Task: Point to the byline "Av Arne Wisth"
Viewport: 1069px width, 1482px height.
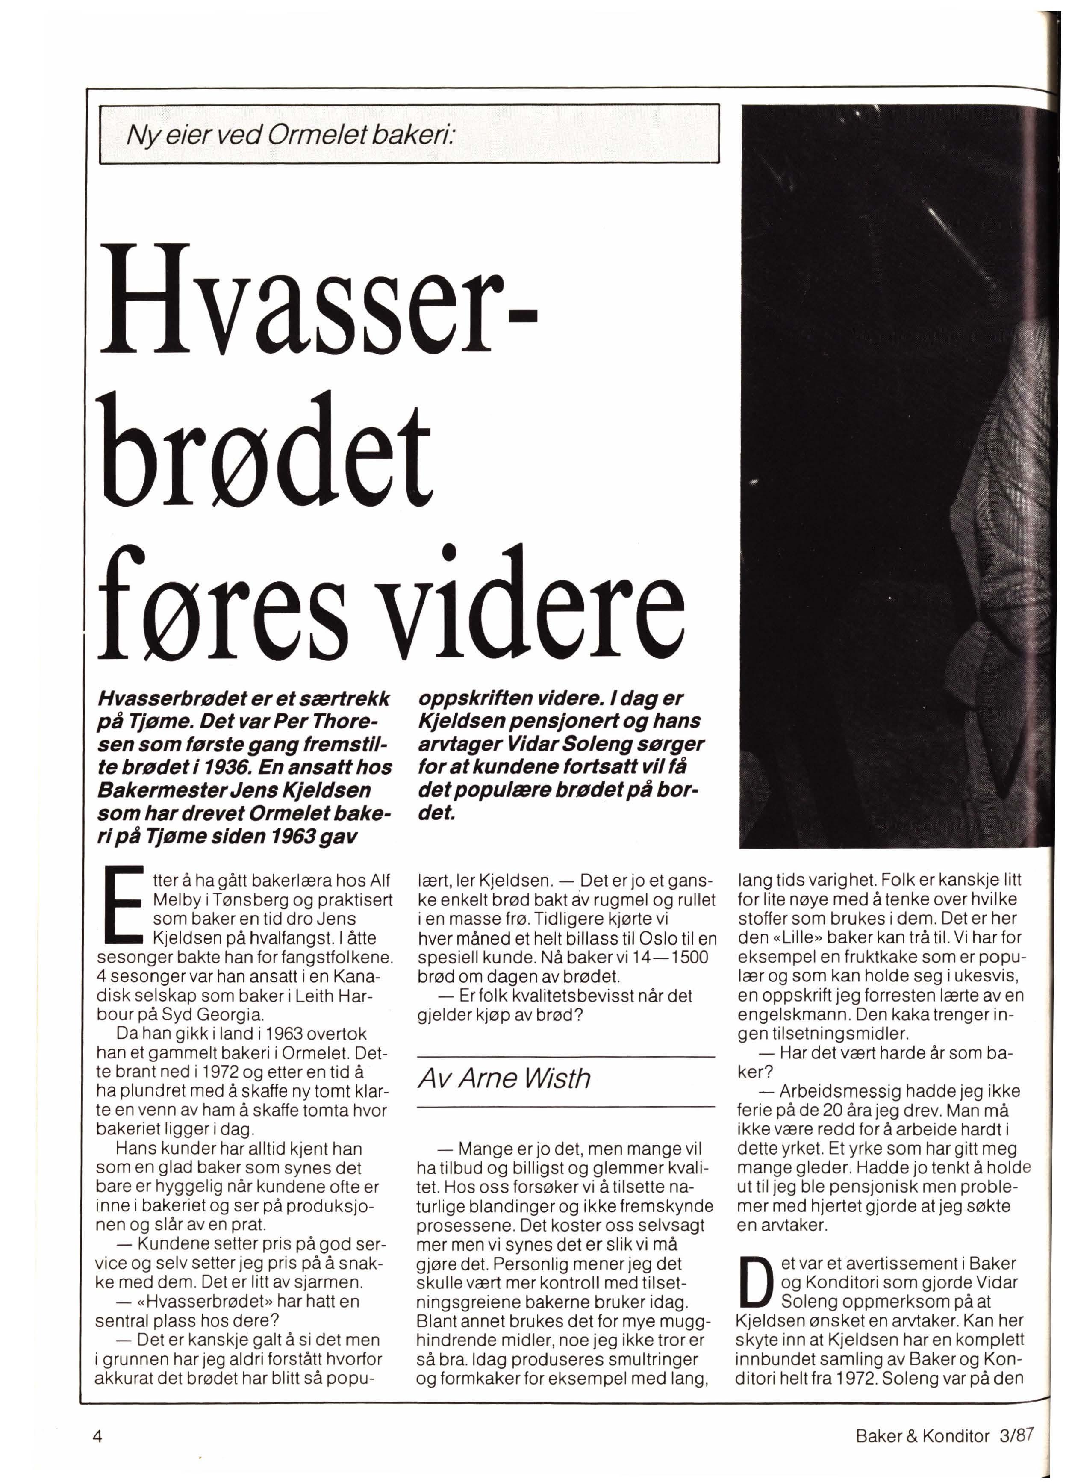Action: coord(504,1078)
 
